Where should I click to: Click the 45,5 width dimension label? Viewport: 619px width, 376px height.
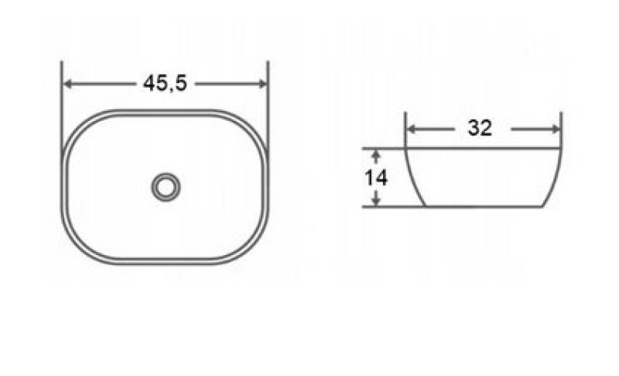165,84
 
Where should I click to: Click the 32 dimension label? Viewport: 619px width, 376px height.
480,128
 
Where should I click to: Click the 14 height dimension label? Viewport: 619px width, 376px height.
376,178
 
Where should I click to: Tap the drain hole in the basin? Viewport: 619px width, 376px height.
166,187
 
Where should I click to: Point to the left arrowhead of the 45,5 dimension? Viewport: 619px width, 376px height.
68,84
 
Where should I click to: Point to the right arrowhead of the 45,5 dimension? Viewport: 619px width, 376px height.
262,84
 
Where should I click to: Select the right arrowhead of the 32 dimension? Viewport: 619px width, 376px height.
556,129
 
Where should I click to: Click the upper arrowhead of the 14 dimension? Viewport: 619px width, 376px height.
376,155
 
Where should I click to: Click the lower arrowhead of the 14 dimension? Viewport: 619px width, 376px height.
376,200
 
